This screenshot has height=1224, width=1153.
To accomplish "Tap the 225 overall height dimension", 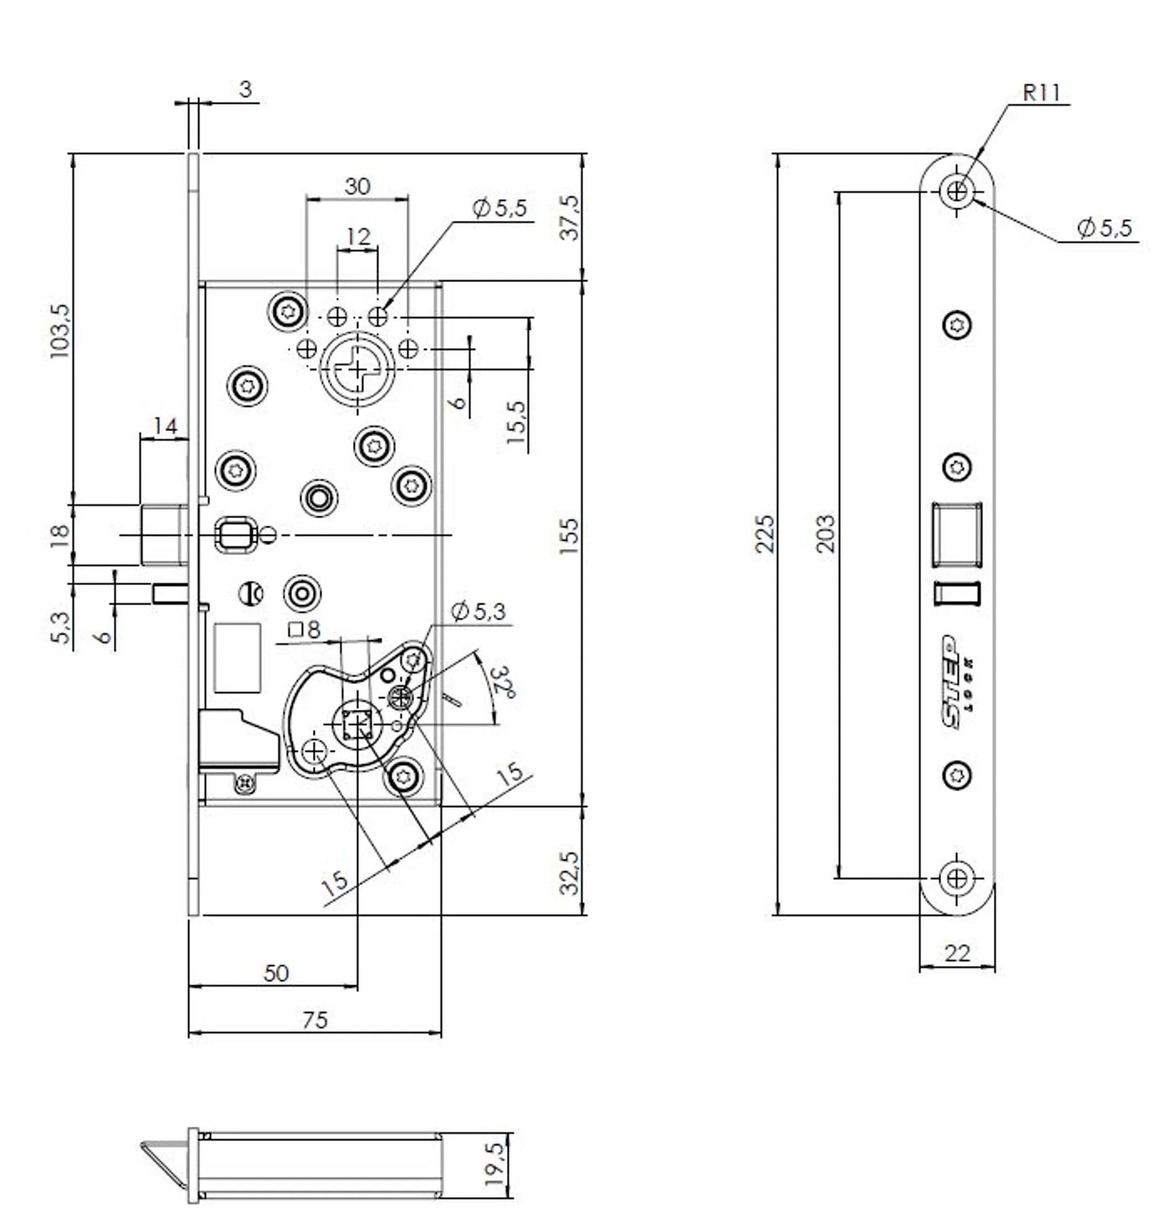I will coord(766,534).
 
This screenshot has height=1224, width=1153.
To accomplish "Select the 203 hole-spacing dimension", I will coord(824,534).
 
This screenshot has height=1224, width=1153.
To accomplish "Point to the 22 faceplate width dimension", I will coord(957,954).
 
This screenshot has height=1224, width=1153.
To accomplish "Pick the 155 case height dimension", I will coord(569,535).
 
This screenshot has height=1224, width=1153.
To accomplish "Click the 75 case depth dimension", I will coord(315,1020).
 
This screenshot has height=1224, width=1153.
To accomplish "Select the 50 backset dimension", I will coord(276,973).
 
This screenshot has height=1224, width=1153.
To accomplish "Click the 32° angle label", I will coord(503,683).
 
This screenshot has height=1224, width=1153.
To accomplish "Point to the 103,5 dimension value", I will coord(60,331).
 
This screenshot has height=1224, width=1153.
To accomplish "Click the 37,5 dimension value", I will coord(569,218).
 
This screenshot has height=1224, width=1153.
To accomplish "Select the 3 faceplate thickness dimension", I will coord(245,89).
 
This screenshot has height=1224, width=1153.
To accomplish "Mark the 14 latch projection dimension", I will coord(164,426).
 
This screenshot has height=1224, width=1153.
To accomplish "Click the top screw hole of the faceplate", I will coord(957,191).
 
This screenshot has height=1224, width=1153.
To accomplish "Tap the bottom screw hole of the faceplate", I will coord(957,879).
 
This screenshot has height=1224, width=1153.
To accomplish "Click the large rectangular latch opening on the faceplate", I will coord(957,534).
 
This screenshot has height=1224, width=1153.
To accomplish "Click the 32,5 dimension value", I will coord(569,873).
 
